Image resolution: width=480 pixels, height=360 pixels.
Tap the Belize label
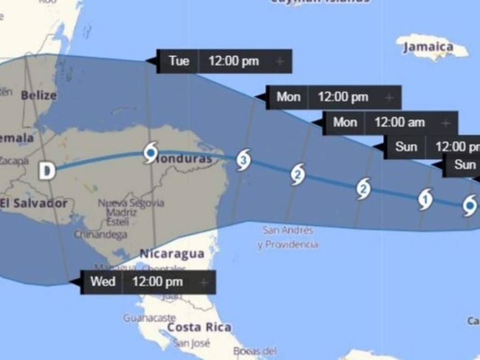point(39,96)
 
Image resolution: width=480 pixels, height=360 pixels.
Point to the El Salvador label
point(34,203)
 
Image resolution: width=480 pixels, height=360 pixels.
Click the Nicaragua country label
point(172,254)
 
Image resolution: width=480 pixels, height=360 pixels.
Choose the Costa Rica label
point(199,327)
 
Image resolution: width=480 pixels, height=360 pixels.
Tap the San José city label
point(191,343)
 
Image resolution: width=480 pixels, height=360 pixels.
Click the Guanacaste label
point(149,318)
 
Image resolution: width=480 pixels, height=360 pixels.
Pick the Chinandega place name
point(100,234)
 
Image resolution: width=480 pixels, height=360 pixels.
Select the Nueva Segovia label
point(131,203)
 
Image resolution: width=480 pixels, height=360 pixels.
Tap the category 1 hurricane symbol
point(426,198)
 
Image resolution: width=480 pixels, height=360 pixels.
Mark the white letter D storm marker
point(47,171)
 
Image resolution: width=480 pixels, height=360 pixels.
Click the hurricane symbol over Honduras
point(151,152)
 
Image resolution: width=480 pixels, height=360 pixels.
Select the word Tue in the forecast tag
point(179,61)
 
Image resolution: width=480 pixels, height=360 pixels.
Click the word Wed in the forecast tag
point(103,282)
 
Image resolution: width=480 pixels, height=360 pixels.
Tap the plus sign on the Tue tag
point(280,61)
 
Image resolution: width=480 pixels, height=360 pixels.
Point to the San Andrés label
point(287,230)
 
